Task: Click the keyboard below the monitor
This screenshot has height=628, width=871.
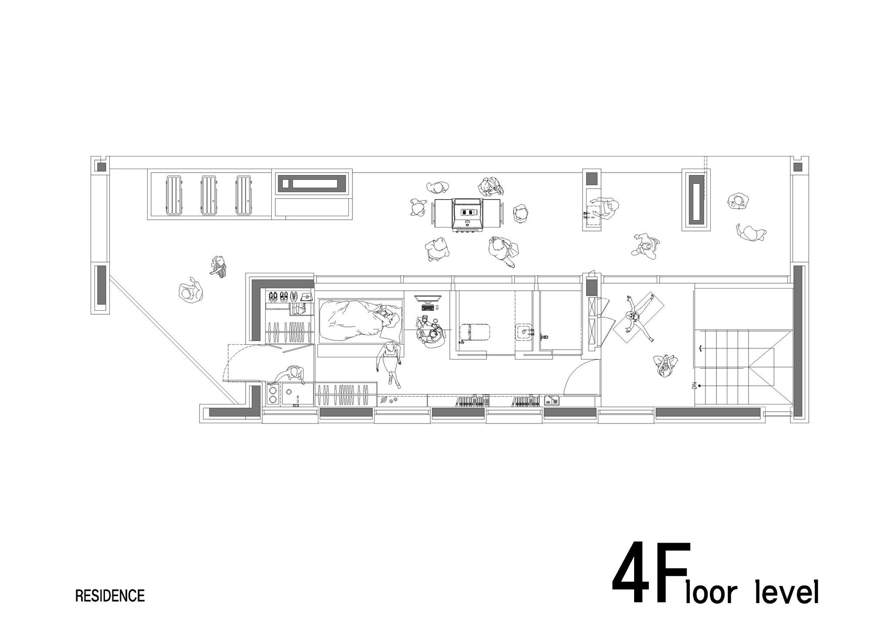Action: (427, 308)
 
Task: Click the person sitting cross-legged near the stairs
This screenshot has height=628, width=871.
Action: (665, 365)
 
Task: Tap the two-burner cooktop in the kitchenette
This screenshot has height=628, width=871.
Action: (273, 394)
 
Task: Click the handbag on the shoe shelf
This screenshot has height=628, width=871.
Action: (307, 296)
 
